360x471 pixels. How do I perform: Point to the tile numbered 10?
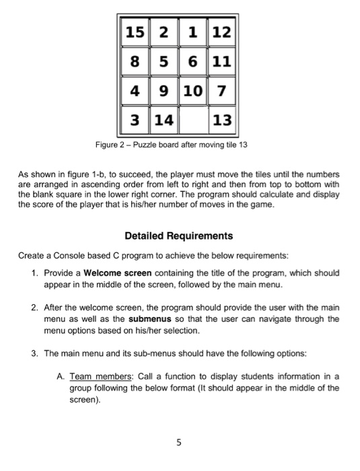(193, 91)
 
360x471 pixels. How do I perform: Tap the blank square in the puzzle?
(193, 122)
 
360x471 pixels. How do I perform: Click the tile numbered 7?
(221, 91)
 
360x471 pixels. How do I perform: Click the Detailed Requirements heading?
(179, 235)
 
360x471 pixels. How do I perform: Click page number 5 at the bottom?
(180, 443)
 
